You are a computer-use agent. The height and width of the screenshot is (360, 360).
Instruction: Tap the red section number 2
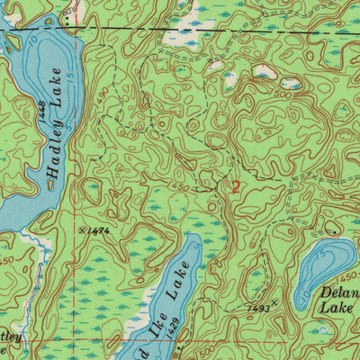click(236, 187)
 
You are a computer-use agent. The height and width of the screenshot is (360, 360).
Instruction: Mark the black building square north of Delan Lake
click(336, 230)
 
